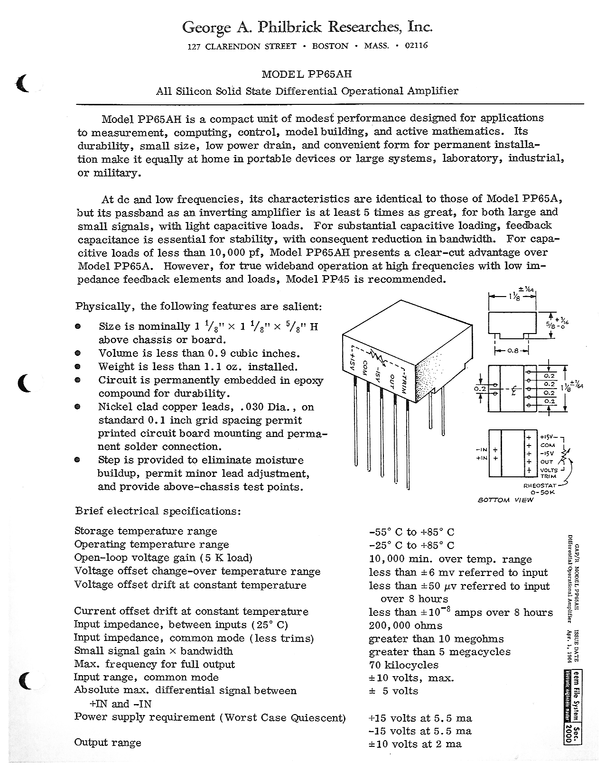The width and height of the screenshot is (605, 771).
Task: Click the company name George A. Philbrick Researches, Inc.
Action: point(307,28)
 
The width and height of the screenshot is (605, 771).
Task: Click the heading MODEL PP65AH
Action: point(307,74)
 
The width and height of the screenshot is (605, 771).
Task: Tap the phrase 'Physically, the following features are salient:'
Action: point(198,306)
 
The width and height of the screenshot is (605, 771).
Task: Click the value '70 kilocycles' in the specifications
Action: point(403,665)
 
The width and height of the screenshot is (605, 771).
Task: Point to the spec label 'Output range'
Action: point(108,743)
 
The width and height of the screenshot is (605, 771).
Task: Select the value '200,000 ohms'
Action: point(405,625)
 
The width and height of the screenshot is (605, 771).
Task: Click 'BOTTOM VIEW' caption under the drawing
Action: point(505,500)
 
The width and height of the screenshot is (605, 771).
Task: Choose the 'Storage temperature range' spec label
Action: point(146,531)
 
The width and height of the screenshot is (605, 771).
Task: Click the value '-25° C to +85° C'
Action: point(411,546)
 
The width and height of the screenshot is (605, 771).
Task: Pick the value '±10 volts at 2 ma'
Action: point(415,744)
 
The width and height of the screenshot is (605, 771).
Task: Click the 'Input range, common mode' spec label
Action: point(146,678)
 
